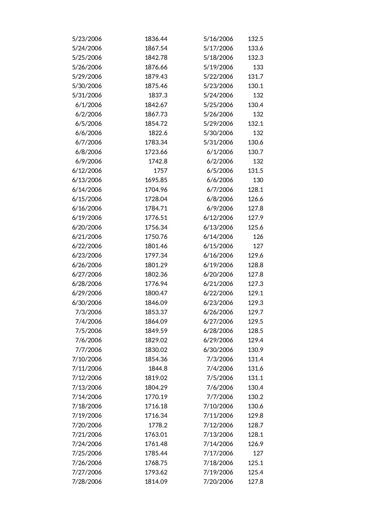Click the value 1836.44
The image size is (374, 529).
click(x=156, y=39)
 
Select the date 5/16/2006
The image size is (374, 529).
click(x=218, y=39)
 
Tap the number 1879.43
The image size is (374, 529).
click(x=156, y=77)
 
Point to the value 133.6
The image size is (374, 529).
click(x=255, y=48)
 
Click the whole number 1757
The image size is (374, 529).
click(x=160, y=171)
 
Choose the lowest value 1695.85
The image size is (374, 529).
click(x=156, y=180)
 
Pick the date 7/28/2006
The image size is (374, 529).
click(x=87, y=482)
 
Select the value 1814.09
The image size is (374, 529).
click(x=156, y=482)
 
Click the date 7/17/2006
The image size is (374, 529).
click(x=218, y=453)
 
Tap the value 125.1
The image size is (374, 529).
click(x=255, y=463)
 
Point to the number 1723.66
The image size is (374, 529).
click(x=156, y=152)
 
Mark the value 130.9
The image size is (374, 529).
click(x=255, y=350)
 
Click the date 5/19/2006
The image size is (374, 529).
click(x=218, y=67)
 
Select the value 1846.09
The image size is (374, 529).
click(x=156, y=303)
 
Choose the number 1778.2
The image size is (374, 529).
click(x=158, y=425)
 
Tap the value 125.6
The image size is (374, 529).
click(x=255, y=227)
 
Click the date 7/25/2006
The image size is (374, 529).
click(x=87, y=453)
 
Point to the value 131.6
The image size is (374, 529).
click(x=255, y=369)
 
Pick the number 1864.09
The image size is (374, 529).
click(x=156, y=322)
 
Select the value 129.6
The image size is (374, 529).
click(x=255, y=255)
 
